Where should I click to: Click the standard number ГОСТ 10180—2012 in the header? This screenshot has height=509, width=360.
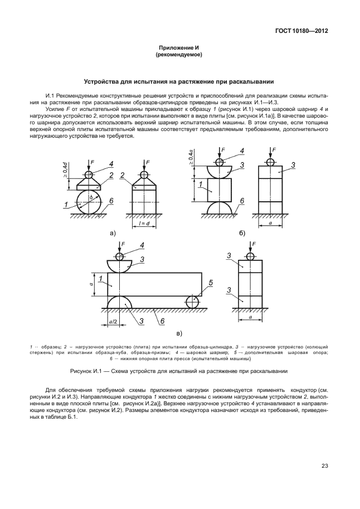(300, 31)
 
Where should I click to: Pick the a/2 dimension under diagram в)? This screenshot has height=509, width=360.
(114, 322)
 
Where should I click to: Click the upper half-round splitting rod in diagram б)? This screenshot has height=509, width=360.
(219, 171)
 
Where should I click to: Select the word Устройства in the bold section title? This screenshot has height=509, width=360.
(101, 81)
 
